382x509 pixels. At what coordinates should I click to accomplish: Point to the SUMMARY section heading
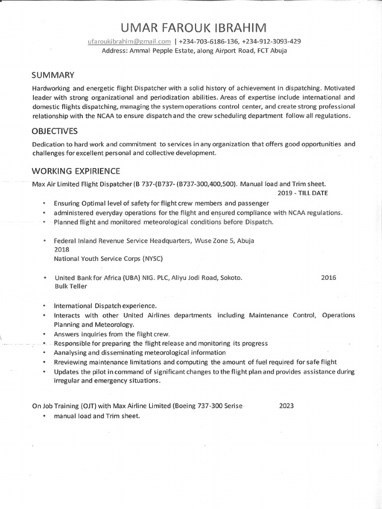click(x=53, y=75)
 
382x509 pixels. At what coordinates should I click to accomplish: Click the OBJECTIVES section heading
click(x=55, y=131)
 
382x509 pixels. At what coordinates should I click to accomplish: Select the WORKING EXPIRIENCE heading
click(x=76, y=171)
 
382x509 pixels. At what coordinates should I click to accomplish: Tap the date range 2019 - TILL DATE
click(x=302, y=193)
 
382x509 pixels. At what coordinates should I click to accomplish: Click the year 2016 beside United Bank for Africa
click(x=328, y=277)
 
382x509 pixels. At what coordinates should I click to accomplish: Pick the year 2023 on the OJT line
click(x=286, y=406)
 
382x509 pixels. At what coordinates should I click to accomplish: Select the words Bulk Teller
click(x=71, y=286)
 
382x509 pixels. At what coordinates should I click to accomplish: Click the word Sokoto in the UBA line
click(x=230, y=277)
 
